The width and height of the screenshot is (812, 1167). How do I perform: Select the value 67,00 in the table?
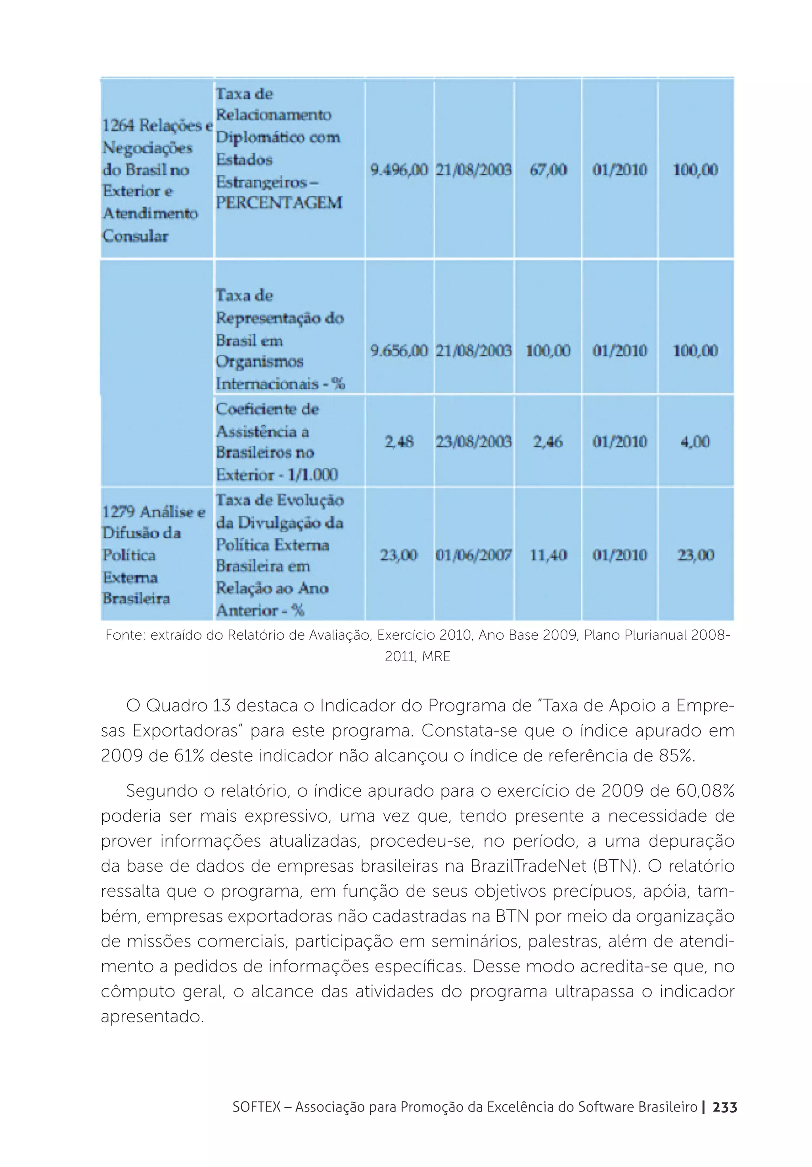tap(548, 169)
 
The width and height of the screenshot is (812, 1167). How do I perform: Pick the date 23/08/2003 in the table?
tap(473, 441)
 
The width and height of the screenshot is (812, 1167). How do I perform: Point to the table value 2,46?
tap(548, 441)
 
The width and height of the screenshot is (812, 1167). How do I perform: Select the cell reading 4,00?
tap(695, 441)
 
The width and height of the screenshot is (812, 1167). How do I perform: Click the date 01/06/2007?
tap(473, 555)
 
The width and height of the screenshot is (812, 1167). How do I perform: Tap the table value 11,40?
tap(548, 555)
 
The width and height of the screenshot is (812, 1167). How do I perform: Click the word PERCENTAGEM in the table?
tap(279, 203)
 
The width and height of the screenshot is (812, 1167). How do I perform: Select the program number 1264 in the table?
tap(118, 125)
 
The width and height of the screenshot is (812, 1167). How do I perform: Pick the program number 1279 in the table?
tap(118, 511)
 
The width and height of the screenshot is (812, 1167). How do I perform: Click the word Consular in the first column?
tap(135, 236)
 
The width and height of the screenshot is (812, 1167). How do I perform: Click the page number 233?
tap(724, 1107)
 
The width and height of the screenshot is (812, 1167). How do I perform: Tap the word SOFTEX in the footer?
tap(256, 1107)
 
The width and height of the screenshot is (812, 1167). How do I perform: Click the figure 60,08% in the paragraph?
tap(705, 791)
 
